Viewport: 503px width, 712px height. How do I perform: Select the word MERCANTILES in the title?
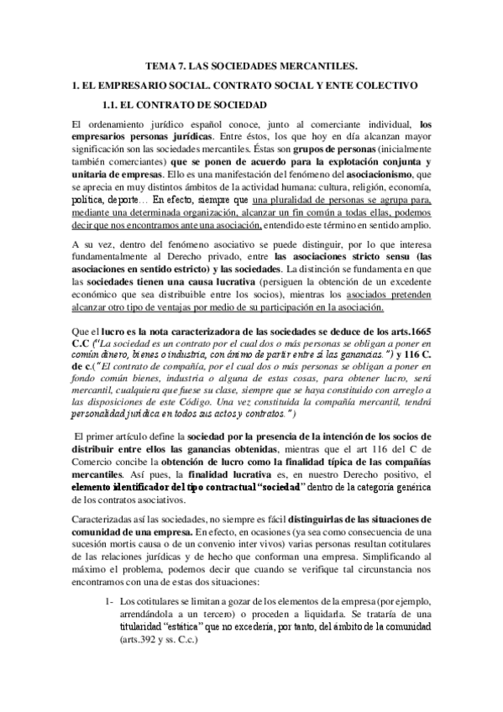322,65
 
